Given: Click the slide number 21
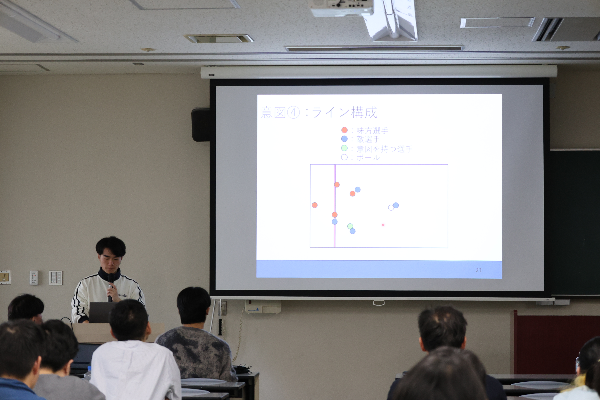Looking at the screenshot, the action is click(x=479, y=270).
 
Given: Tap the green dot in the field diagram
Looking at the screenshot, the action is click(x=350, y=226).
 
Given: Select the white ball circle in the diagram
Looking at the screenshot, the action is click(x=391, y=208).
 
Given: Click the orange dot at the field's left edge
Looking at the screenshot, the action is click(x=314, y=205).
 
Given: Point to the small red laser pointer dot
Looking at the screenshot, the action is click(x=383, y=225).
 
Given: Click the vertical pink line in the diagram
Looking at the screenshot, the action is click(x=334, y=206).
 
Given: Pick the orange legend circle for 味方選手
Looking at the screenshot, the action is click(x=344, y=130).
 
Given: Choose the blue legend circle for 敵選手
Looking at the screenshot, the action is click(x=344, y=139).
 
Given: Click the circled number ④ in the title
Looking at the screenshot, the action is click(x=293, y=112).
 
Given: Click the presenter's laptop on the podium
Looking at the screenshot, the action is click(x=101, y=312).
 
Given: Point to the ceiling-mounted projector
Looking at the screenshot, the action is click(x=342, y=8).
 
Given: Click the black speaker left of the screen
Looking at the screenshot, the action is click(x=201, y=125).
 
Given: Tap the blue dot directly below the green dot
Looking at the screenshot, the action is click(x=353, y=231).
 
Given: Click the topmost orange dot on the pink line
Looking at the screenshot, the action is click(x=337, y=184).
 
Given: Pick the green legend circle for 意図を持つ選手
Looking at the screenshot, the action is click(x=344, y=148).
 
